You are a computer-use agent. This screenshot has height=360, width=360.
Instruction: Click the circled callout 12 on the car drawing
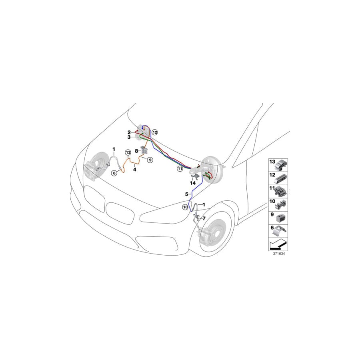tap(155, 132)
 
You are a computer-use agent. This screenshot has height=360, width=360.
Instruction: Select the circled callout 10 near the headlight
tap(185, 207)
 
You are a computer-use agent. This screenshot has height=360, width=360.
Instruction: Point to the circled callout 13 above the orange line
tap(128, 152)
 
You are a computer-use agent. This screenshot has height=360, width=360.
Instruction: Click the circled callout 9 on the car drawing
tap(150, 160)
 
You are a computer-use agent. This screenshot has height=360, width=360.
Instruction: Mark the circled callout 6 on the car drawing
tap(114, 173)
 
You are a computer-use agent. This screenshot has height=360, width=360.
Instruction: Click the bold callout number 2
tap(129, 132)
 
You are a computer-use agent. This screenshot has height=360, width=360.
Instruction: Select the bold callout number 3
tap(129, 137)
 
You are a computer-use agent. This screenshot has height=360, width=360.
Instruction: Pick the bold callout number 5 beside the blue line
tap(186, 194)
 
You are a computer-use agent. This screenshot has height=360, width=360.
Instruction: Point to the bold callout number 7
tap(204, 219)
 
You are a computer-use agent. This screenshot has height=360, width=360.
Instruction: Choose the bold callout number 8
tap(136, 151)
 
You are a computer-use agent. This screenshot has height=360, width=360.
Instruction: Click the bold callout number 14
tap(194, 183)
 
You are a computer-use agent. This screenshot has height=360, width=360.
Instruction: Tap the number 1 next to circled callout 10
tap(204, 204)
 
